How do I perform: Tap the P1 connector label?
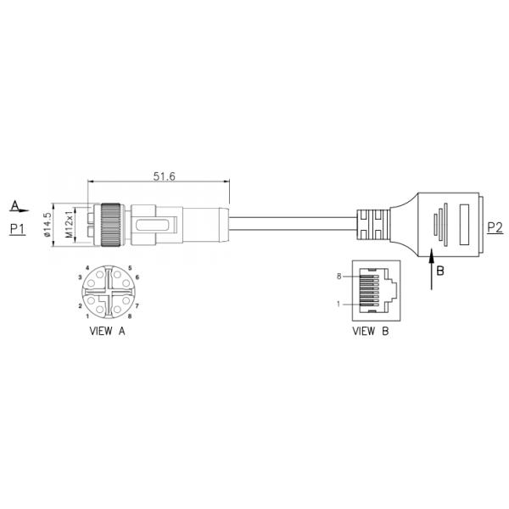18,229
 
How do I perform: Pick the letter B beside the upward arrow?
440,271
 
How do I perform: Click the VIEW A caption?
108,331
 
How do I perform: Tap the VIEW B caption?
371,331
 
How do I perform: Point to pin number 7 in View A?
137,305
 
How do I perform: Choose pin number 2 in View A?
81,305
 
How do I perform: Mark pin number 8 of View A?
129,316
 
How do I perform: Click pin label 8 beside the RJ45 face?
338,277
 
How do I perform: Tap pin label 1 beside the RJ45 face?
338,304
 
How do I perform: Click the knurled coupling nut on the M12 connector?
110,225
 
